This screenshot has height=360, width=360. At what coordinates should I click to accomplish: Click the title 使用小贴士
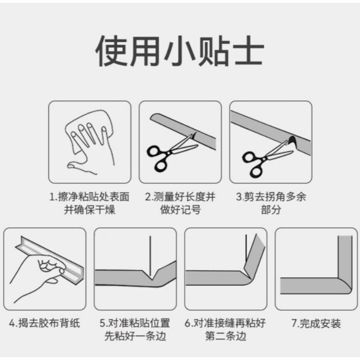180,51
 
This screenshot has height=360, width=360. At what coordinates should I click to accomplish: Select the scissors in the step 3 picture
266,159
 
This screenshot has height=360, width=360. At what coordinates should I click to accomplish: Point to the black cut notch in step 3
292,141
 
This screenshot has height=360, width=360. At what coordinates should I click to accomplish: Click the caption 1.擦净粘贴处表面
90,197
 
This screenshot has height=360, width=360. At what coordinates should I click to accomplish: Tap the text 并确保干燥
90,210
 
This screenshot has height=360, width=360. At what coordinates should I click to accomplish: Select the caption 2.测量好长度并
180,197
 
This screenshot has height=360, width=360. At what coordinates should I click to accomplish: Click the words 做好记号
180,210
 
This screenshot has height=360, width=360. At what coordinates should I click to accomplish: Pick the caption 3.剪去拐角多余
271,197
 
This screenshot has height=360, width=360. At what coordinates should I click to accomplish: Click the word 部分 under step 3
271,210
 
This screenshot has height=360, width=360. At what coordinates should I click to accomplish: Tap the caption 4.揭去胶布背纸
45,323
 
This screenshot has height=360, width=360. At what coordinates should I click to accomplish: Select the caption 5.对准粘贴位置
135,323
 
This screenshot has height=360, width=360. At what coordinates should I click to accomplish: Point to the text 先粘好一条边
135,336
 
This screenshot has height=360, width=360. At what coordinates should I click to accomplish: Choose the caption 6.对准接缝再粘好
225,323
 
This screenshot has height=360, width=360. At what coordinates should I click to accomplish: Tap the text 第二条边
225,336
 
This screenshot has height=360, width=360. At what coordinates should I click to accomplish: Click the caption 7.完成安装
316,323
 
